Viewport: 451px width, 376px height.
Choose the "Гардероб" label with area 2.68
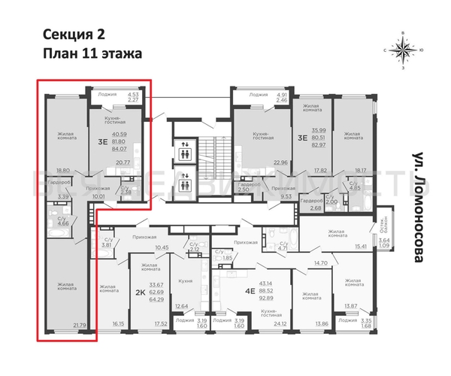point(310,201)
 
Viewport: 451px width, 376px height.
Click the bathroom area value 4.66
point(62,223)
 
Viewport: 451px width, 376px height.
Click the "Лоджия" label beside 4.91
point(259,96)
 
